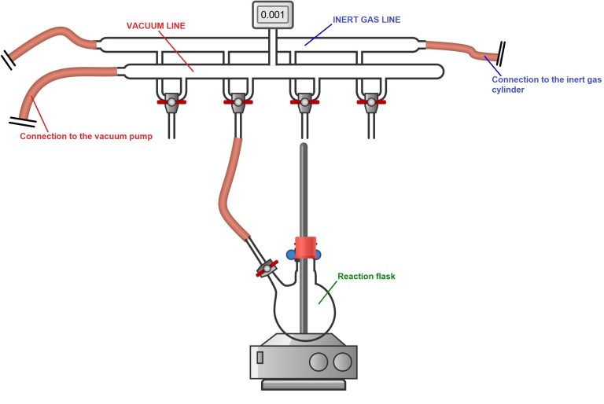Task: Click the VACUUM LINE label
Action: pyautogui.click(x=157, y=25)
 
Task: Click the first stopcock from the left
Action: pyautogui.click(x=171, y=101)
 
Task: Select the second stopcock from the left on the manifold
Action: pyautogui.click(x=236, y=101)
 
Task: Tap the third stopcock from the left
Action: pyautogui.click(x=303, y=101)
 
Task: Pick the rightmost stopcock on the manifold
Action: pyautogui.click(x=370, y=101)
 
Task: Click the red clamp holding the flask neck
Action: pyautogui.click(x=304, y=246)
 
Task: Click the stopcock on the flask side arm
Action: pyautogui.click(x=267, y=269)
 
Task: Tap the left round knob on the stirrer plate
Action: pyautogui.click(x=319, y=362)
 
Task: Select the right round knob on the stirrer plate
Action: pyautogui.click(x=342, y=362)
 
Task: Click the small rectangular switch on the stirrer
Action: pyautogui.click(x=260, y=362)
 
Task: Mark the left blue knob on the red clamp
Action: pyautogui.click(x=291, y=254)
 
